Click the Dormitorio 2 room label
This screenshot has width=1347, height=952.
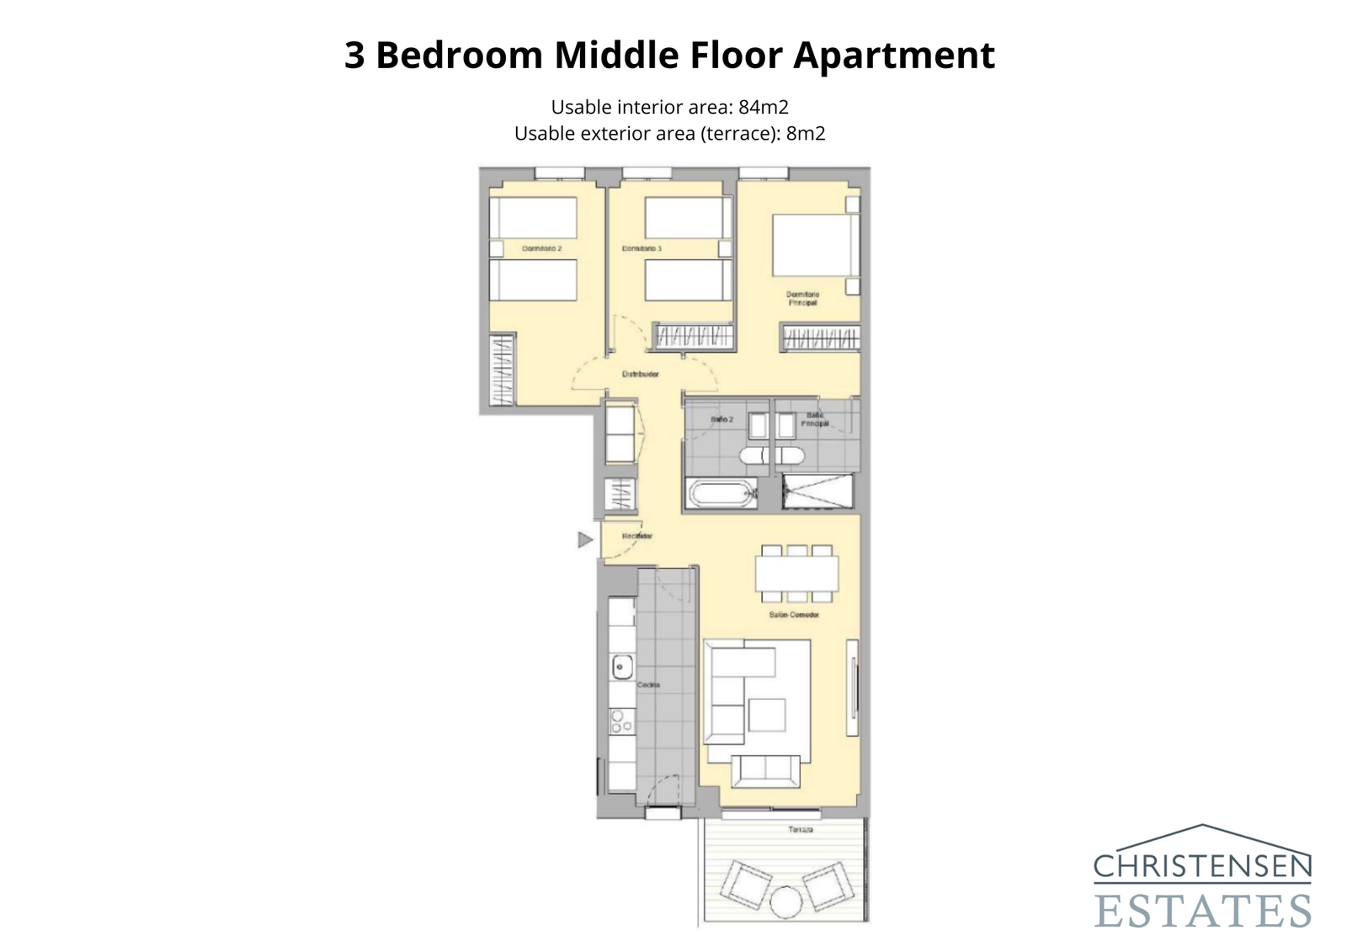541,249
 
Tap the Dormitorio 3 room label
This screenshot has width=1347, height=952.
642,249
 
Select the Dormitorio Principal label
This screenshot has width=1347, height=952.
802,298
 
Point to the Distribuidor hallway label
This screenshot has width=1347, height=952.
640,374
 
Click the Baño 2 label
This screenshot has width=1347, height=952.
721,419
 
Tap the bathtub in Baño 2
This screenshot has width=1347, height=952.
721,493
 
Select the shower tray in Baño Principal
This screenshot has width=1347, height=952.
817,492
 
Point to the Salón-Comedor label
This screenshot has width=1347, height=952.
794,615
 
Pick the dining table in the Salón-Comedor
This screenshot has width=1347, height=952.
796,574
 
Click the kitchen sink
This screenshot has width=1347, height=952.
621,667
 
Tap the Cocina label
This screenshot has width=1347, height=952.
648,685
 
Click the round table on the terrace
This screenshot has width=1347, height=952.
787,902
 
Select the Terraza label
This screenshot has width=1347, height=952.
801,830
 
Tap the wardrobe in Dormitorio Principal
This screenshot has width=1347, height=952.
821,338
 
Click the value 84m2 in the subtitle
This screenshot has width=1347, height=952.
764,108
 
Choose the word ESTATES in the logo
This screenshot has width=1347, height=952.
1202,911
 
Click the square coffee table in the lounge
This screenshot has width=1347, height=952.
766,715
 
